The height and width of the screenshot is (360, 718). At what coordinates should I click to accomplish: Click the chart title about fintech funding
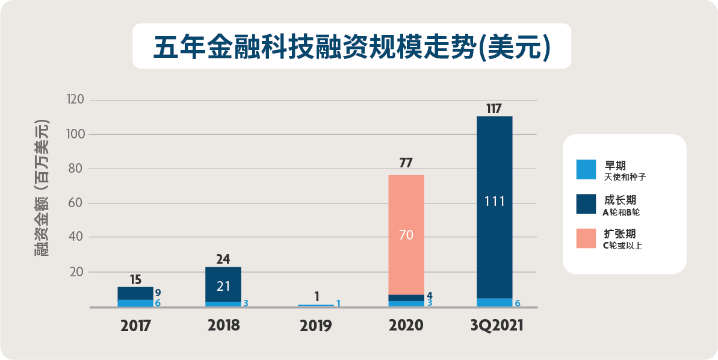(x=351, y=47)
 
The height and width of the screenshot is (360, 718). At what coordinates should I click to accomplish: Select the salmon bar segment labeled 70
(x=406, y=235)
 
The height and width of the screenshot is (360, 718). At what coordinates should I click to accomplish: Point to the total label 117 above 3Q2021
(x=494, y=109)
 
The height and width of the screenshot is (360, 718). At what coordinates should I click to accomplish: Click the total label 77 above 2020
(x=406, y=163)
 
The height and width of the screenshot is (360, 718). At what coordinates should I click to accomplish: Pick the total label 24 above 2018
(x=223, y=259)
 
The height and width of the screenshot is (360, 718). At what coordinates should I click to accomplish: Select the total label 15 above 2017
(x=135, y=279)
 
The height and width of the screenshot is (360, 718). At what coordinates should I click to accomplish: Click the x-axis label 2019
(x=315, y=326)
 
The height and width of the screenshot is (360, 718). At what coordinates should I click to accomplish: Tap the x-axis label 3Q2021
(x=497, y=326)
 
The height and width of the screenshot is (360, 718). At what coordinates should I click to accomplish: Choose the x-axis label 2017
(x=135, y=326)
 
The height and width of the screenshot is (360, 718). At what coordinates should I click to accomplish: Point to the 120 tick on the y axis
(x=79, y=100)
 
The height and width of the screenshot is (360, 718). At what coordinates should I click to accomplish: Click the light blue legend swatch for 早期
(x=586, y=170)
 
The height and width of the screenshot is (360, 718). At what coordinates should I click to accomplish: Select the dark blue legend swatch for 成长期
(x=586, y=204)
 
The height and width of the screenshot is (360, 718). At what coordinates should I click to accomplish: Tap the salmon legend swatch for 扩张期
(x=586, y=238)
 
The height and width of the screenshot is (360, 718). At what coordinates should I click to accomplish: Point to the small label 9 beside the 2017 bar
(x=158, y=293)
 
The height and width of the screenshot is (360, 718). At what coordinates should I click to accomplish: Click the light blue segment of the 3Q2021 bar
(x=494, y=302)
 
